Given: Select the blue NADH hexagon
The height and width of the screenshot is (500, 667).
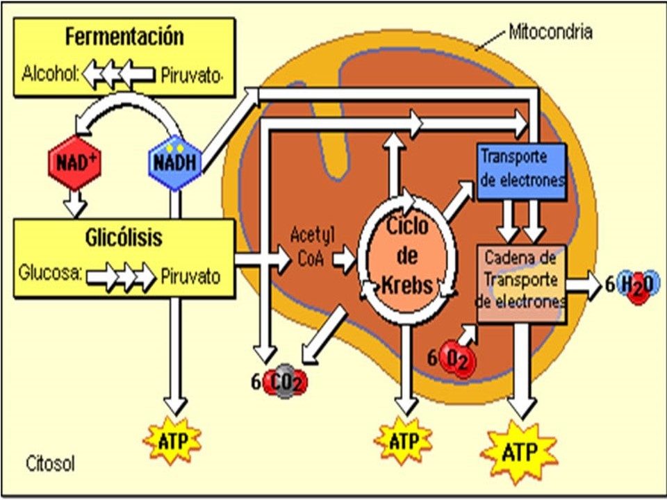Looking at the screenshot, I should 176,162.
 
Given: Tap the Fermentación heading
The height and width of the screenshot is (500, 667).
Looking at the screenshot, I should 124,36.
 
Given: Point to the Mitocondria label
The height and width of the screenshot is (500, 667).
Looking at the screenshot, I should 550,31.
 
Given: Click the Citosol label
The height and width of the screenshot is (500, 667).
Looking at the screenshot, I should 50,462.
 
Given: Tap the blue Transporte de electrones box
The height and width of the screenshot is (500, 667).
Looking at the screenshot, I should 522,169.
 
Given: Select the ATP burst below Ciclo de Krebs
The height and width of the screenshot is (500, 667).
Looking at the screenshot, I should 403,441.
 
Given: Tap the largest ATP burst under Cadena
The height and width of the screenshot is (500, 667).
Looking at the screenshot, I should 519,453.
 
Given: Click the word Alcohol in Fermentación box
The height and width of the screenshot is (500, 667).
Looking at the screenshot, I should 49,72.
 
